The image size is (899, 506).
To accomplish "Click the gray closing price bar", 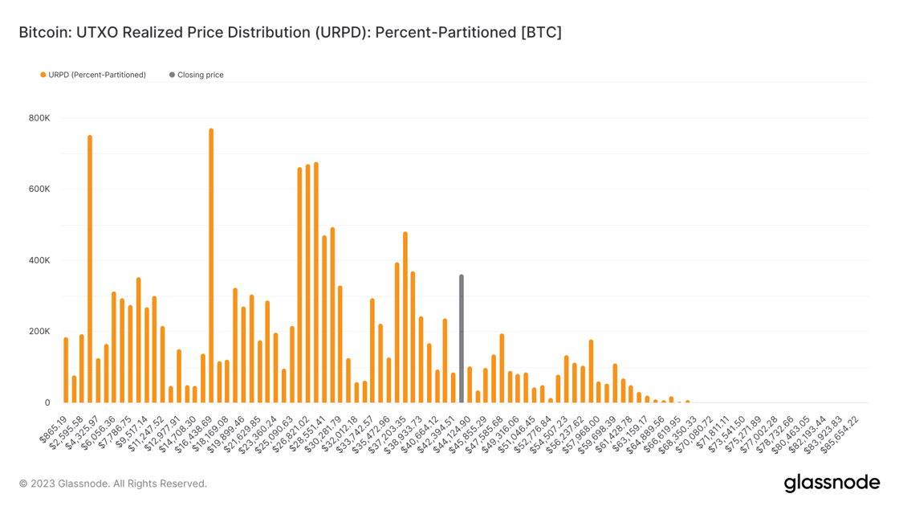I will (462, 339).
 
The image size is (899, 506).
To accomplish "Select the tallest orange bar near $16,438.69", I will (211, 265).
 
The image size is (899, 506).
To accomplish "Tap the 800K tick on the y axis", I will (39, 118).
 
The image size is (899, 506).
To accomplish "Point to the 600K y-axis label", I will (39, 190).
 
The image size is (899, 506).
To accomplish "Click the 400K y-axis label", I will (39, 260).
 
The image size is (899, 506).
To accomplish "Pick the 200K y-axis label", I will (39, 332).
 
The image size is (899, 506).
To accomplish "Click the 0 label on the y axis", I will (47, 402).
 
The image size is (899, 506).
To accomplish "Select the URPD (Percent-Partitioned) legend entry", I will (97, 75).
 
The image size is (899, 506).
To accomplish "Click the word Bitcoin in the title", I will (44, 33).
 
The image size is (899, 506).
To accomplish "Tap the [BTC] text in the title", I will (541, 33).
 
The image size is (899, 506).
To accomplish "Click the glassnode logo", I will (832, 483).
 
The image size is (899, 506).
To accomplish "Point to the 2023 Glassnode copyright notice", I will (113, 484).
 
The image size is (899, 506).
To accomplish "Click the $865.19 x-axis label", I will (55, 430).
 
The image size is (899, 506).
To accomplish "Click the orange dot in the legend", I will (43, 75).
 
